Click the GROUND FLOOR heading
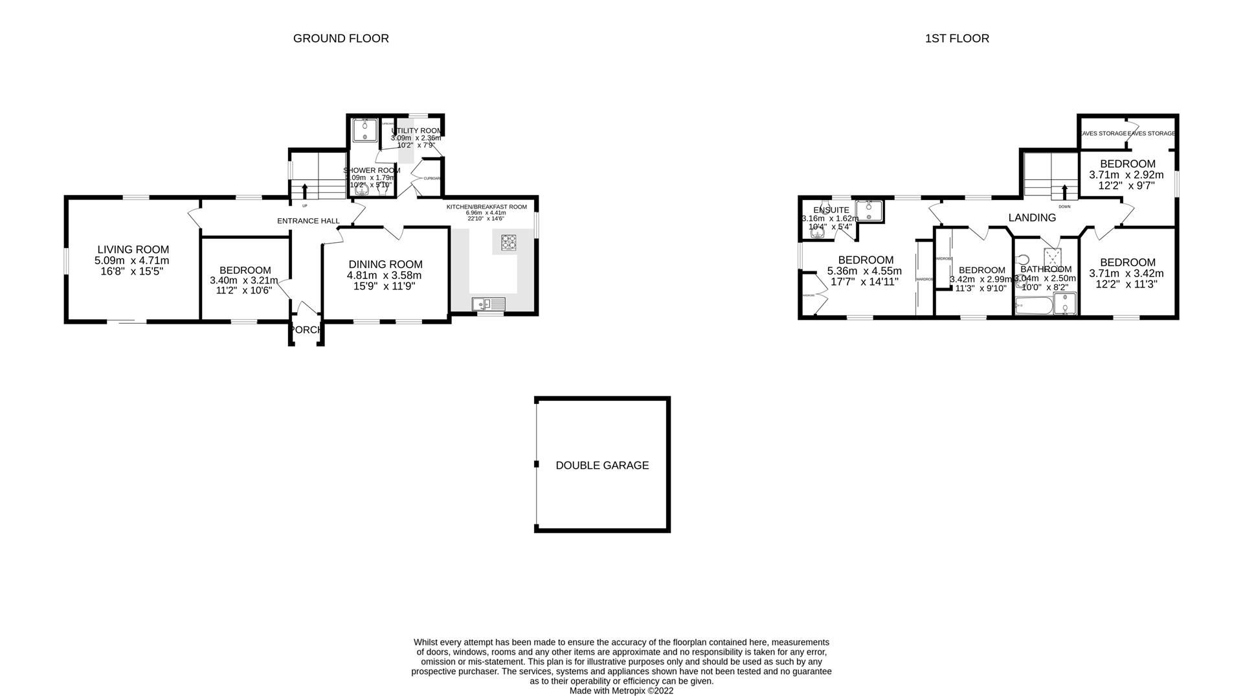tap(341, 38)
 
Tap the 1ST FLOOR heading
tap(956, 38)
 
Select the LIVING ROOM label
tap(133, 249)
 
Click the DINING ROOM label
tap(385, 264)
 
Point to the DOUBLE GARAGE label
tap(602, 465)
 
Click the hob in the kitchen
tap(510, 242)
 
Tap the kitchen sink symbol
tap(488, 303)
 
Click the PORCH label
tap(306, 330)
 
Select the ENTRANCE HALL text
tap(308, 221)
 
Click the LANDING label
tap(1032, 218)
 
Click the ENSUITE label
tap(831, 210)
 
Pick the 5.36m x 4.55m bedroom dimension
tap(864, 271)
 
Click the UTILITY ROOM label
tap(416, 131)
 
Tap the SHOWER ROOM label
tap(372, 170)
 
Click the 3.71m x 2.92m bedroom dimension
tap(1126, 175)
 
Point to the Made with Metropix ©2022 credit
tap(621, 691)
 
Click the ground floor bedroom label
tap(245, 270)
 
